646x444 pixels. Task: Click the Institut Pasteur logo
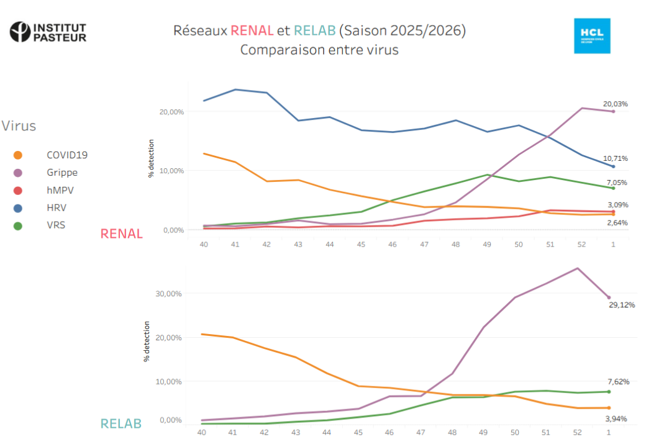click(x=48, y=32)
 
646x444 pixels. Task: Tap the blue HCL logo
click(x=591, y=35)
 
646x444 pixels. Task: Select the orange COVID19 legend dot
click(x=18, y=155)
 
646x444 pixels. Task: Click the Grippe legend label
click(x=62, y=173)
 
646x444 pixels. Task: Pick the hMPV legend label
click(x=60, y=190)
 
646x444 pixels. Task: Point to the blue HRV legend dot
click(x=18, y=208)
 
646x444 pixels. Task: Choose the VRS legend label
click(x=56, y=225)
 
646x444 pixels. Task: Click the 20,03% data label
click(x=615, y=104)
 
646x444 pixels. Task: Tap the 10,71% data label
click(x=615, y=158)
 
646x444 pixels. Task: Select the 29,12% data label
click(x=622, y=305)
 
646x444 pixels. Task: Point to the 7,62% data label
click(x=617, y=381)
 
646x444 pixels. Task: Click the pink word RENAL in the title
click(x=252, y=30)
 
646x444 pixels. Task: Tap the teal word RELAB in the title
click(x=314, y=30)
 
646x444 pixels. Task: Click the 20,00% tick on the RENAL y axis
click(x=171, y=112)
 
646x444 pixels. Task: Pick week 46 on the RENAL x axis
click(x=393, y=245)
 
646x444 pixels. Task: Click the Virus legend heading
click(x=19, y=126)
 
